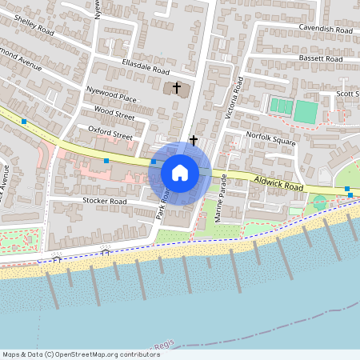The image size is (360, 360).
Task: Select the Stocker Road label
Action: [x=104, y=201]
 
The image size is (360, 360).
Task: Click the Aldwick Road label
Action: [x=279, y=186]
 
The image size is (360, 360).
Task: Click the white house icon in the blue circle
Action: [x=179, y=173]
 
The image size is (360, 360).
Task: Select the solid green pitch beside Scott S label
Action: [x=305, y=111]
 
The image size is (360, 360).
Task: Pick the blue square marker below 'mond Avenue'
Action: [x=25, y=122]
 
